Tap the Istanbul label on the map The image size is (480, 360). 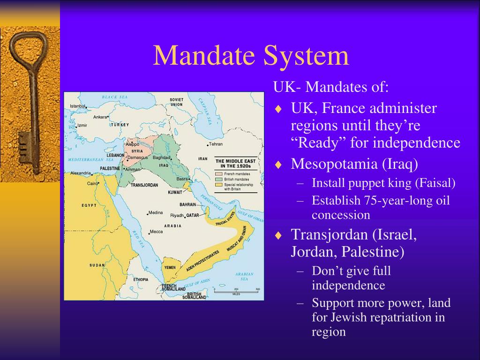coord(78,106)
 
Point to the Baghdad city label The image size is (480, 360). coord(161,157)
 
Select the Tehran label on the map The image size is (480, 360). coord(216,144)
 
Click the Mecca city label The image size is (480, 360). coord(156,232)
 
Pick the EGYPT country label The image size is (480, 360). coord(89,205)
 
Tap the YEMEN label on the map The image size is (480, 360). coord(170,267)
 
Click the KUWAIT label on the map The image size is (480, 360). coord(175,192)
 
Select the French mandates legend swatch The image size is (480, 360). coord(218,174)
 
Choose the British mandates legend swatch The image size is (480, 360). coord(218,179)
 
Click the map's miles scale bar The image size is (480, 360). coord(236,291)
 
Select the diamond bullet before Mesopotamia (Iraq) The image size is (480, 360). coord(278,165)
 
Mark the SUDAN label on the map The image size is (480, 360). coord(97,265)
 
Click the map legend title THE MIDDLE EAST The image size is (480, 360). coord(236,161)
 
